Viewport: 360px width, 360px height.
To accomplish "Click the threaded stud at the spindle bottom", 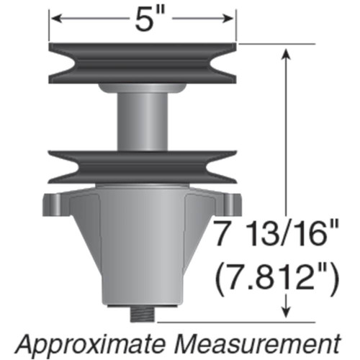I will coord(142,315).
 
